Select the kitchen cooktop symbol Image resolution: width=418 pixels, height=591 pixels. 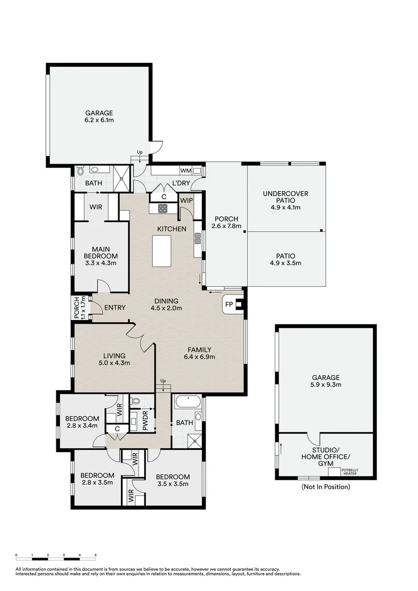click(x=162, y=208)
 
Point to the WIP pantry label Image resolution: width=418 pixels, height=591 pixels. click(x=187, y=201)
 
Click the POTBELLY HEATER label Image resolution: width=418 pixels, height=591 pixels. click(x=349, y=472)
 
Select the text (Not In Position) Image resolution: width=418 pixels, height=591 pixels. click(x=326, y=486)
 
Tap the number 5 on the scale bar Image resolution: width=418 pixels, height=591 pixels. click(x=96, y=555)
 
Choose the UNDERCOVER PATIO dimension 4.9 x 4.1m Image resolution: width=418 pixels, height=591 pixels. click(x=285, y=207)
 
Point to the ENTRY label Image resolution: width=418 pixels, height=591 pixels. click(x=115, y=308)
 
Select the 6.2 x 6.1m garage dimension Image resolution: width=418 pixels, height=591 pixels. click(x=99, y=120)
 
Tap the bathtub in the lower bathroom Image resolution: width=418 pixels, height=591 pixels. click(x=186, y=405)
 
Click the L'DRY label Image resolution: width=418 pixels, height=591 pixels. click(x=181, y=182)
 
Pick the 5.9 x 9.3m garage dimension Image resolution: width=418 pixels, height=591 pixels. click(x=326, y=385)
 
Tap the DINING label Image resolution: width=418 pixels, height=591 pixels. click(x=166, y=301)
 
